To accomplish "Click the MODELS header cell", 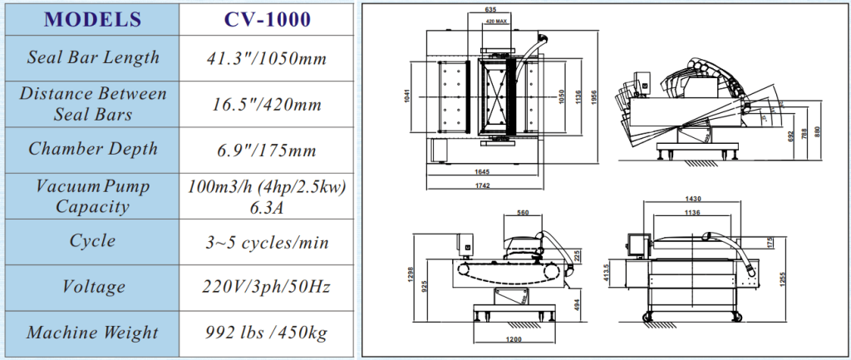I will point(93,19).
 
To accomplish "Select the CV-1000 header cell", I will point(265,19).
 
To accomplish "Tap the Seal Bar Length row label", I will point(93,57).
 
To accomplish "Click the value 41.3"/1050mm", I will point(265,58).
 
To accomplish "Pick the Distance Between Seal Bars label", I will point(93,103).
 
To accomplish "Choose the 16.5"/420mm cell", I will point(265,104).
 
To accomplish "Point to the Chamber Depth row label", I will point(93,149).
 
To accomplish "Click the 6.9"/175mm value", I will point(265,150).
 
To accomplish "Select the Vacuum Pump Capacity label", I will point(93,195).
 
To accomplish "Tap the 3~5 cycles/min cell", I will point(265,242).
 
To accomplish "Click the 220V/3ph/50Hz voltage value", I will point(265,287).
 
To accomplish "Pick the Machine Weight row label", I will point(93,333).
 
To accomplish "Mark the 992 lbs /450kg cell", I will point(265,333).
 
